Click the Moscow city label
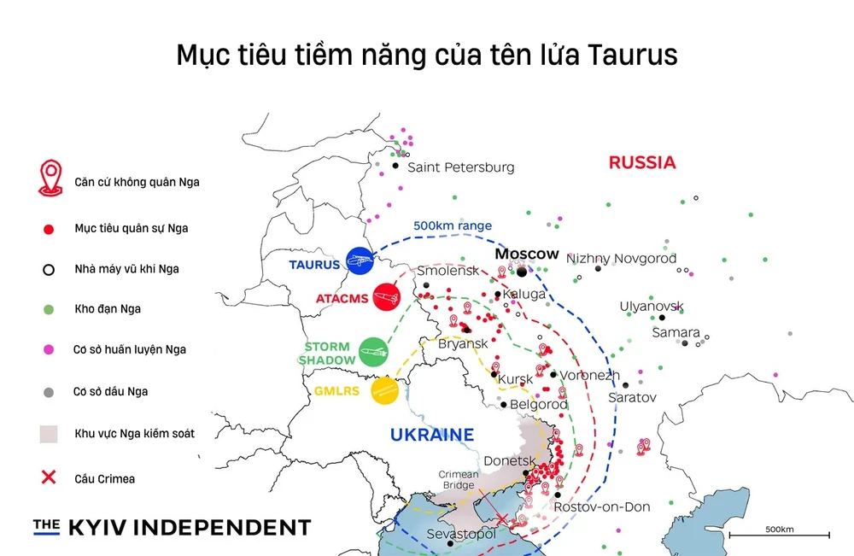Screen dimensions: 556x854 tap(527, 255)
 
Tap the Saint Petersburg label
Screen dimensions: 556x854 tap(460, 167)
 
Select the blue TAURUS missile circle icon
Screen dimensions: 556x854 tap(360, 261)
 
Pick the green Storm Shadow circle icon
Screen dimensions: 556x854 tap(373, 352)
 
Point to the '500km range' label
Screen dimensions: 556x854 tap(453, 225)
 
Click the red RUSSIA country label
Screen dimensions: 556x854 tap(641, 162)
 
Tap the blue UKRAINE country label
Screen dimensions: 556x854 tap(431, 435)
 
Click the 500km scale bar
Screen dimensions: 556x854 tap(779, 535)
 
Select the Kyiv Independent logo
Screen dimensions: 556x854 tap(172, 527)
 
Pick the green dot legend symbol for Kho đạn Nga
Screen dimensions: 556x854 tap(49, 309)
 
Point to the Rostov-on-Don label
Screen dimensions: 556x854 tap(601, 507)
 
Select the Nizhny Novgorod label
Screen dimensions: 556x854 tap(621, 259)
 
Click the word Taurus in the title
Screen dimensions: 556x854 tap(633, 55)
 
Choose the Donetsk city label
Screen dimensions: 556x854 tap(510, 461)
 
